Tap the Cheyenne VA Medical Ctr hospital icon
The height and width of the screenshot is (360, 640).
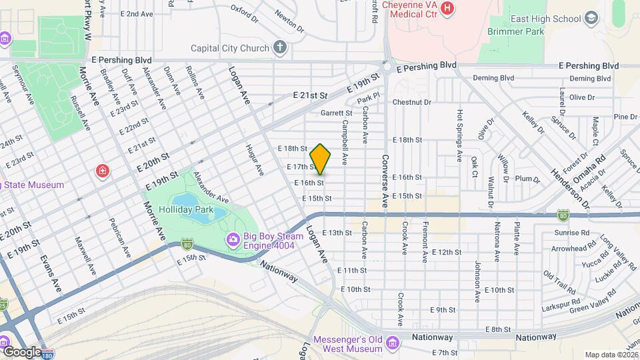(x=447, y=9)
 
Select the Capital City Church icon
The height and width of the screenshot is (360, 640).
(x=280, y=47)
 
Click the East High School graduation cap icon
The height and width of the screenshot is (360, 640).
(x=591, y=19)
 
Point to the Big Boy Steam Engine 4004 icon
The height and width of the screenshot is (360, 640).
(x=233, y=239)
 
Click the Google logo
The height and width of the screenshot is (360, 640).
(x=22, y=351)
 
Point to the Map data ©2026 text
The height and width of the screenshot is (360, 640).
(x=611, y=355)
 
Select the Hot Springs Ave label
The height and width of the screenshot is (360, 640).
(x=459, y=136)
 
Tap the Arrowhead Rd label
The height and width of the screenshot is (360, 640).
(x=572, y=249)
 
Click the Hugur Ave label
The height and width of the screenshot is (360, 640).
(x=255, y=160)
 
